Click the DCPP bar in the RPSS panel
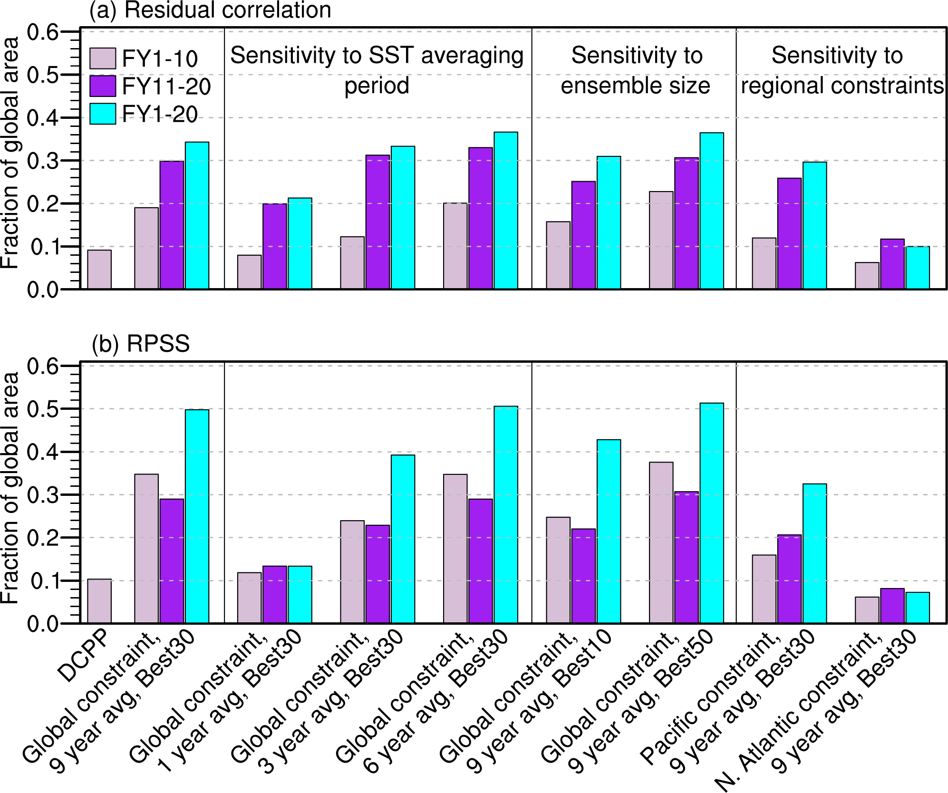(99, 601)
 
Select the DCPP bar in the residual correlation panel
(99, 270)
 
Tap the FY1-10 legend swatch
(103, 58)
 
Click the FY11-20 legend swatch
(103, 86)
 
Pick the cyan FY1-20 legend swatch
(103, 114)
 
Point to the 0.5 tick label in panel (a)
(42, 75)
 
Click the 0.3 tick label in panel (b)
(42, 495)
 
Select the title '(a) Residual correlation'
(210, 10)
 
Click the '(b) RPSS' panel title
(141, 343)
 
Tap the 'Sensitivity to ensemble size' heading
(636, 70)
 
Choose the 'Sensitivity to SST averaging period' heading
(377, 70)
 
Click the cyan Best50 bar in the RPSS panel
(712, 513)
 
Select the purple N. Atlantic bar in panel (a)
(892, 264)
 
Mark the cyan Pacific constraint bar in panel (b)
(815, 553)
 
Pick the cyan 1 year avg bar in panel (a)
(300, 243)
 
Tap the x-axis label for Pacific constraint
(727, 699)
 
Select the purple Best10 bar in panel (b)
(583, 576)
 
